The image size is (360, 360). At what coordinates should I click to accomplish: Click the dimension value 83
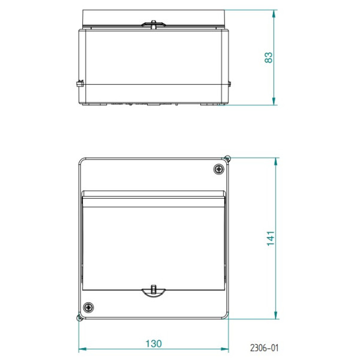coord(269,57)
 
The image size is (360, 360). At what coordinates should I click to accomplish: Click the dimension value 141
coord(271,238)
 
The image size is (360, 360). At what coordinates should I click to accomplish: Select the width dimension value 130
coord(154,344)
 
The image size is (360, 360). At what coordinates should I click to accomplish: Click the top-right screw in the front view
coord(218,169)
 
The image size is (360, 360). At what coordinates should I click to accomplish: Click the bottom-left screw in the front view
coord(89,307)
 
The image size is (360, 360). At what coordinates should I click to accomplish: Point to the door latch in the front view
coord(154,291)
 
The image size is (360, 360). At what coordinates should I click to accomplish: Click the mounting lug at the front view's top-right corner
coord(227,158)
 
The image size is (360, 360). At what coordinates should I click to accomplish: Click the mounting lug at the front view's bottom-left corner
coord(79,319)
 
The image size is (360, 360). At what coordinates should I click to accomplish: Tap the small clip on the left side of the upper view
coord(79,85)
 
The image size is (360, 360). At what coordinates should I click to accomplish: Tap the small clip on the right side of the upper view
coord(230,83)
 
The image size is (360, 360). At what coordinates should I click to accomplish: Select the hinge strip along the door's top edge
coord(154,194)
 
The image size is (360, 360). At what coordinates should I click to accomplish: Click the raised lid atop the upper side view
coord(154,16)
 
